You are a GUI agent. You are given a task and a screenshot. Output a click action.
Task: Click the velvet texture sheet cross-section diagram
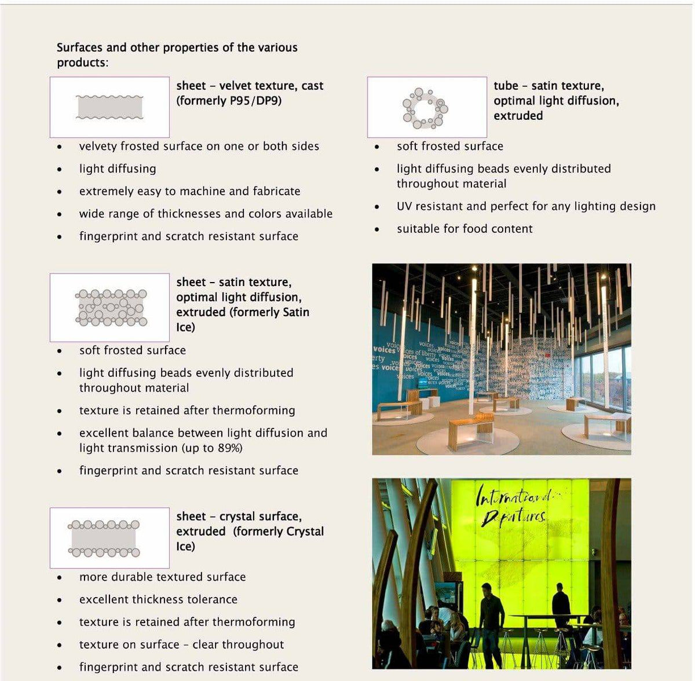point(109,108)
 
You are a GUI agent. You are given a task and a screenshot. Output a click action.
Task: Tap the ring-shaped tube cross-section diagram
point(426,108)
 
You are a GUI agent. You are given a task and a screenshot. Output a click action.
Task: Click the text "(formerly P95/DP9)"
point(229,101)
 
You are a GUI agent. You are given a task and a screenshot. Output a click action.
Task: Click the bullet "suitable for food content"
point(464,229)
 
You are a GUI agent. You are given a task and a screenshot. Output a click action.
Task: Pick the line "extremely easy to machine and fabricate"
point(189,191)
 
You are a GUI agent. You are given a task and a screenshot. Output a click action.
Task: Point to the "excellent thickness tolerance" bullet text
point(158,599)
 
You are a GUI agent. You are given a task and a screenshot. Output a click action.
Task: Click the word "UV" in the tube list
point(404,206)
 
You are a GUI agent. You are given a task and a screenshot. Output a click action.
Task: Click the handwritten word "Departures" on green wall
point(513,517)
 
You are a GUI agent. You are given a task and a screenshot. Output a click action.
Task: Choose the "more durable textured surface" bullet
point(162,577)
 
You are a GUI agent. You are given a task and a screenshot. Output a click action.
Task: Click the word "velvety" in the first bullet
point(97,147)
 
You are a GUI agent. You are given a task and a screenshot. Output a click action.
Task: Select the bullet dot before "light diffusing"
point(60,170)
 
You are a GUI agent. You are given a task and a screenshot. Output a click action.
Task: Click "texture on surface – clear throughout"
point(181,645)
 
